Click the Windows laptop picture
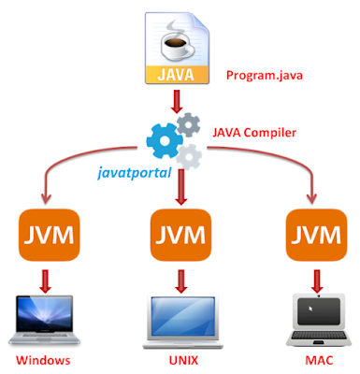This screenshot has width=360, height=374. point(44,321)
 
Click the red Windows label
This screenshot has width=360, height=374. point(44,360)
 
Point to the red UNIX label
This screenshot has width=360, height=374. point(180,360)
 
